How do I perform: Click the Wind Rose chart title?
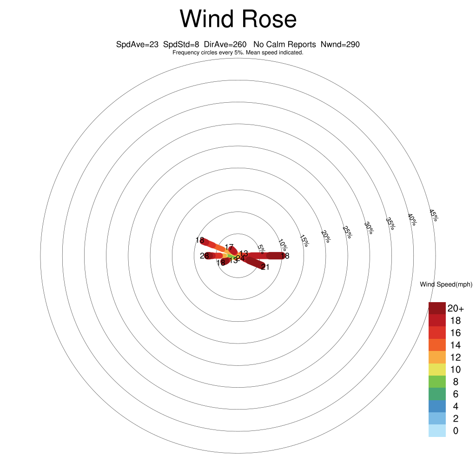[238, 20]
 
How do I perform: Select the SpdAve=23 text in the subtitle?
[136, 45]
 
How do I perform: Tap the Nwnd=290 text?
[340, 45]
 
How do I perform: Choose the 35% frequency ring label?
[390, 224]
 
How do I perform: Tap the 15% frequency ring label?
[304, 240]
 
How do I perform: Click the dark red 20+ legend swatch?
[437, 308]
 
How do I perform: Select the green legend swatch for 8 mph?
[437, 382]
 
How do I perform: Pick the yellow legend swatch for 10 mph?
[437, 370]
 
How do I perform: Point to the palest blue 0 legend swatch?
[437, 431]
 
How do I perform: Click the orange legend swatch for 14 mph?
[437, 345]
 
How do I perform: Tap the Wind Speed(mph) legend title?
[446, 284]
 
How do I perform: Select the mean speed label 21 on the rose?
[265, 267]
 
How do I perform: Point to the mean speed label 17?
[229, 247]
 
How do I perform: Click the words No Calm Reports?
[284, 45]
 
